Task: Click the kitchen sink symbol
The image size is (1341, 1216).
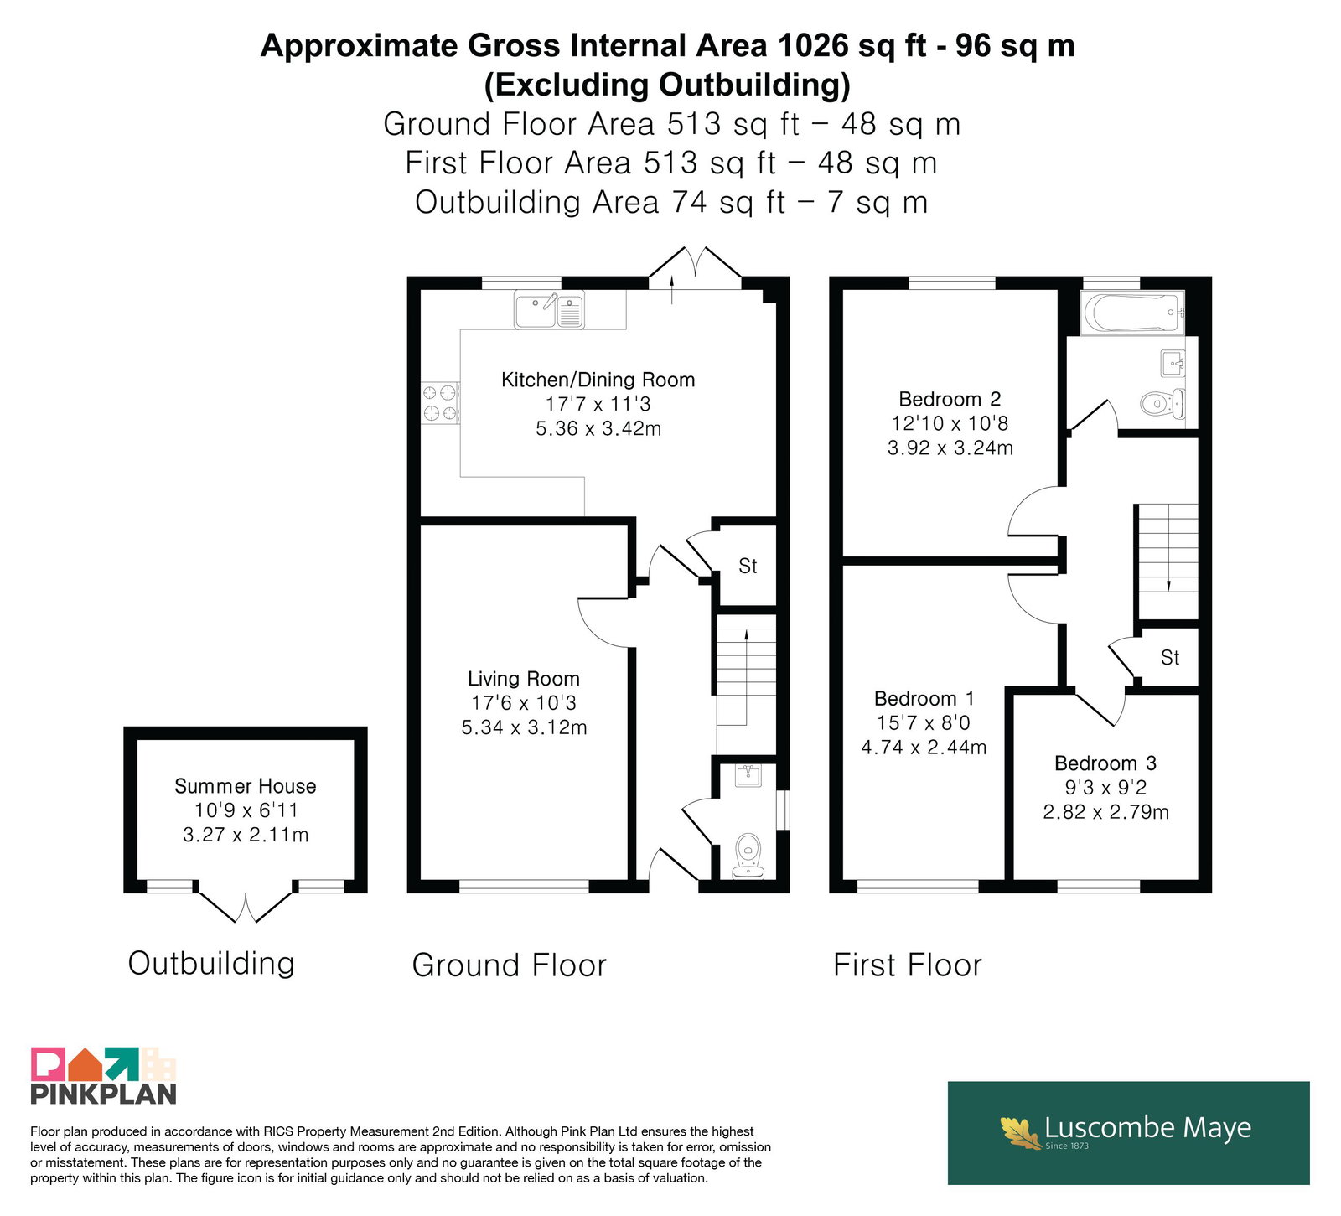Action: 549,310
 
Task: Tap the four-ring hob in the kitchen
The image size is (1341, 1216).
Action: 440,402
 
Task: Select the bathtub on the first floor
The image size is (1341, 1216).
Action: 1133,313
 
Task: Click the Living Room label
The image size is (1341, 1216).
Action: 524,679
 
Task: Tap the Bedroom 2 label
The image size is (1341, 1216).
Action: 950,399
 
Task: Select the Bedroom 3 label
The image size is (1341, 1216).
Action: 1105,763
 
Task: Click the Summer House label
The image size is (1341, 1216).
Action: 246,786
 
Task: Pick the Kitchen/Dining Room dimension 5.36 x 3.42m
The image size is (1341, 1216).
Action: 598,428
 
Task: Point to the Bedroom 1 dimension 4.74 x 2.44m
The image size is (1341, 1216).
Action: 924,747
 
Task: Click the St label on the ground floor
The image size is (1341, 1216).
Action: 748,567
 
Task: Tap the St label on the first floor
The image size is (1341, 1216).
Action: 1170,658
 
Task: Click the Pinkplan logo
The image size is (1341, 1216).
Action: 104,1075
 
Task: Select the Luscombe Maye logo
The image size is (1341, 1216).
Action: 1128,1132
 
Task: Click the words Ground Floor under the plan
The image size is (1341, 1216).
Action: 509,965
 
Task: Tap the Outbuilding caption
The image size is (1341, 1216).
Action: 211,964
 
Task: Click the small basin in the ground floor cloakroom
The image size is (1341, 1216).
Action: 748,775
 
